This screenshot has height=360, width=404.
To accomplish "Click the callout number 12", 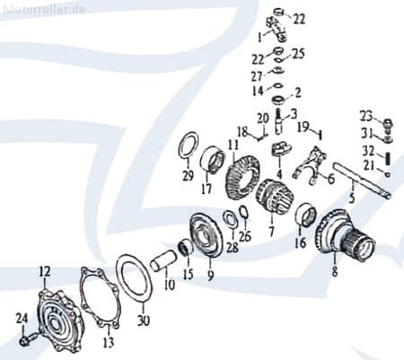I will pyautogui.click(x=45, y=269).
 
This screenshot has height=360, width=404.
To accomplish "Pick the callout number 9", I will pyautogui.click(x=211, y=277).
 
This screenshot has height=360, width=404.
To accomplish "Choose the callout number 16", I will pyautogui.click(x=301, y=243).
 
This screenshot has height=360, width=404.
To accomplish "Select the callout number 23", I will pyautogui.click(x=365, y=115).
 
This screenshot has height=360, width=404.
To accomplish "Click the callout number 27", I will pyautogui.click(x=256, y=77).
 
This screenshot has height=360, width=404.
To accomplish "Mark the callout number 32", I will pyautogui.click(x=366, y=151).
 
